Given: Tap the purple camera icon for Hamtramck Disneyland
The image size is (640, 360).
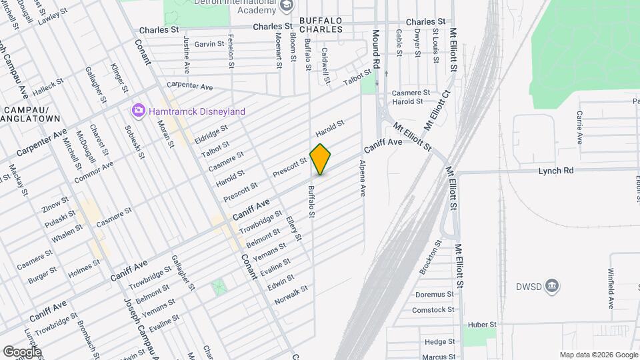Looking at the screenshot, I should pyautogui.click(x=138, y=110).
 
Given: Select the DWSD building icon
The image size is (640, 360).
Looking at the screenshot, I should pyautogui.click(x=552, y=287).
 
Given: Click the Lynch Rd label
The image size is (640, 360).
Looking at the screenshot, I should pyautogui.click(x=556, y=171).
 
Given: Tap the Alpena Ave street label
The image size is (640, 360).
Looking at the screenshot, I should pyautogui.click(x=363, y=178).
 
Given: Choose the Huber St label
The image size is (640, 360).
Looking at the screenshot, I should pyautogui.click(x=483, y=325).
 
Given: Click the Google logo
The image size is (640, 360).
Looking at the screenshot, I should pyautogui.click(x=21, y=351).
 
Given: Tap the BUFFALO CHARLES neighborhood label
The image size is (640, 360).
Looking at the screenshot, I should pyautogui.click(x=321, y=25).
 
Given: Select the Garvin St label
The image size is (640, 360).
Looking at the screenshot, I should pyautogui.click(x=209, y=44).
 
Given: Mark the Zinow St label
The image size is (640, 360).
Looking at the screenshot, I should pyautogui.click(x=55, y=202).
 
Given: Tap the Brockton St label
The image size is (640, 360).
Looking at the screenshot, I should pyautogui.click(x=430, y=257).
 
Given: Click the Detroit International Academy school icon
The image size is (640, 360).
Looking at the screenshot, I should pyautogui.click(x=287, y=6).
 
